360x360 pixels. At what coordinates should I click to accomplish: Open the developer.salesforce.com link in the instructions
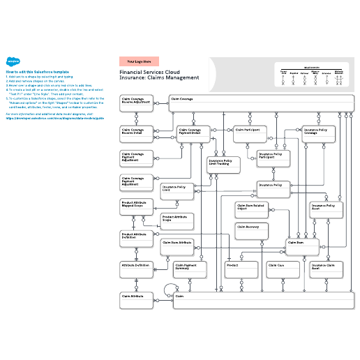pyautogui.click(x=54, y=118)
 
